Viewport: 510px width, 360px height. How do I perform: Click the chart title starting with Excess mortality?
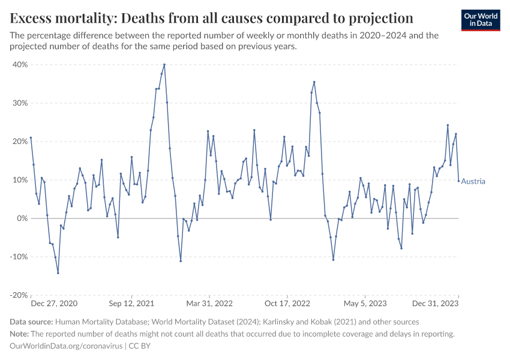click(211, 17)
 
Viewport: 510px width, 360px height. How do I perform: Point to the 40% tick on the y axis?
click(20, 65)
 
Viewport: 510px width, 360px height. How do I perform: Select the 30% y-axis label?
click(20, 103)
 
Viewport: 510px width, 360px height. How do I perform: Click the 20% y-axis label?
click(20, 142)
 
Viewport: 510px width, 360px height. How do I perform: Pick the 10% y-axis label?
click(20, 180)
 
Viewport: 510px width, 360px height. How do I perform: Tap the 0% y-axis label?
click(23, 218)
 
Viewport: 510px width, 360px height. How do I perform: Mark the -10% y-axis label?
click(19, 257)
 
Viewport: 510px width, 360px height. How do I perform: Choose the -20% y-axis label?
click(19, 295)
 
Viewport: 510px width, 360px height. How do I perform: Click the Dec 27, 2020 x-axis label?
click(53, 304)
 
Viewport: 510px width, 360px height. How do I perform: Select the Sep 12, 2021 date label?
click(132, 304)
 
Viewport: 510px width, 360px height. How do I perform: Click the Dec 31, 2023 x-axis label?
click(436, 304)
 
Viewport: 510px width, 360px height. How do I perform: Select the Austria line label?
click(473, 181)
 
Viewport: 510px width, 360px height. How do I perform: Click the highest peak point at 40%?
click(164, 65)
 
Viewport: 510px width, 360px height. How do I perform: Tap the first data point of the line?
click(31, 137)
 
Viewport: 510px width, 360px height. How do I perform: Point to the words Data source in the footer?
click(32, 322)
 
